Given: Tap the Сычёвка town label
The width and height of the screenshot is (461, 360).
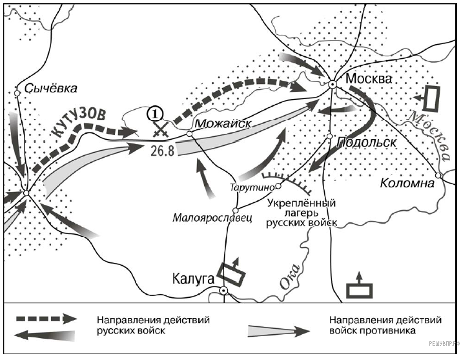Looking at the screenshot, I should pyautogui.click(x=50, y=88).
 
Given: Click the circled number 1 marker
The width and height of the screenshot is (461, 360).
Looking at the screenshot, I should pyautogui.click(x=156, y=113).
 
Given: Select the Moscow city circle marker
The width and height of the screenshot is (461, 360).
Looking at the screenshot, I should pyautogui.click(x=332, y=85).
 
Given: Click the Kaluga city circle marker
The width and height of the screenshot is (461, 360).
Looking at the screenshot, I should pyautogui.click(x=224, y=291).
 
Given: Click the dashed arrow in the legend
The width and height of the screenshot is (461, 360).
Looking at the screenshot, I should pyautogui.click(x=45, y=320).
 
